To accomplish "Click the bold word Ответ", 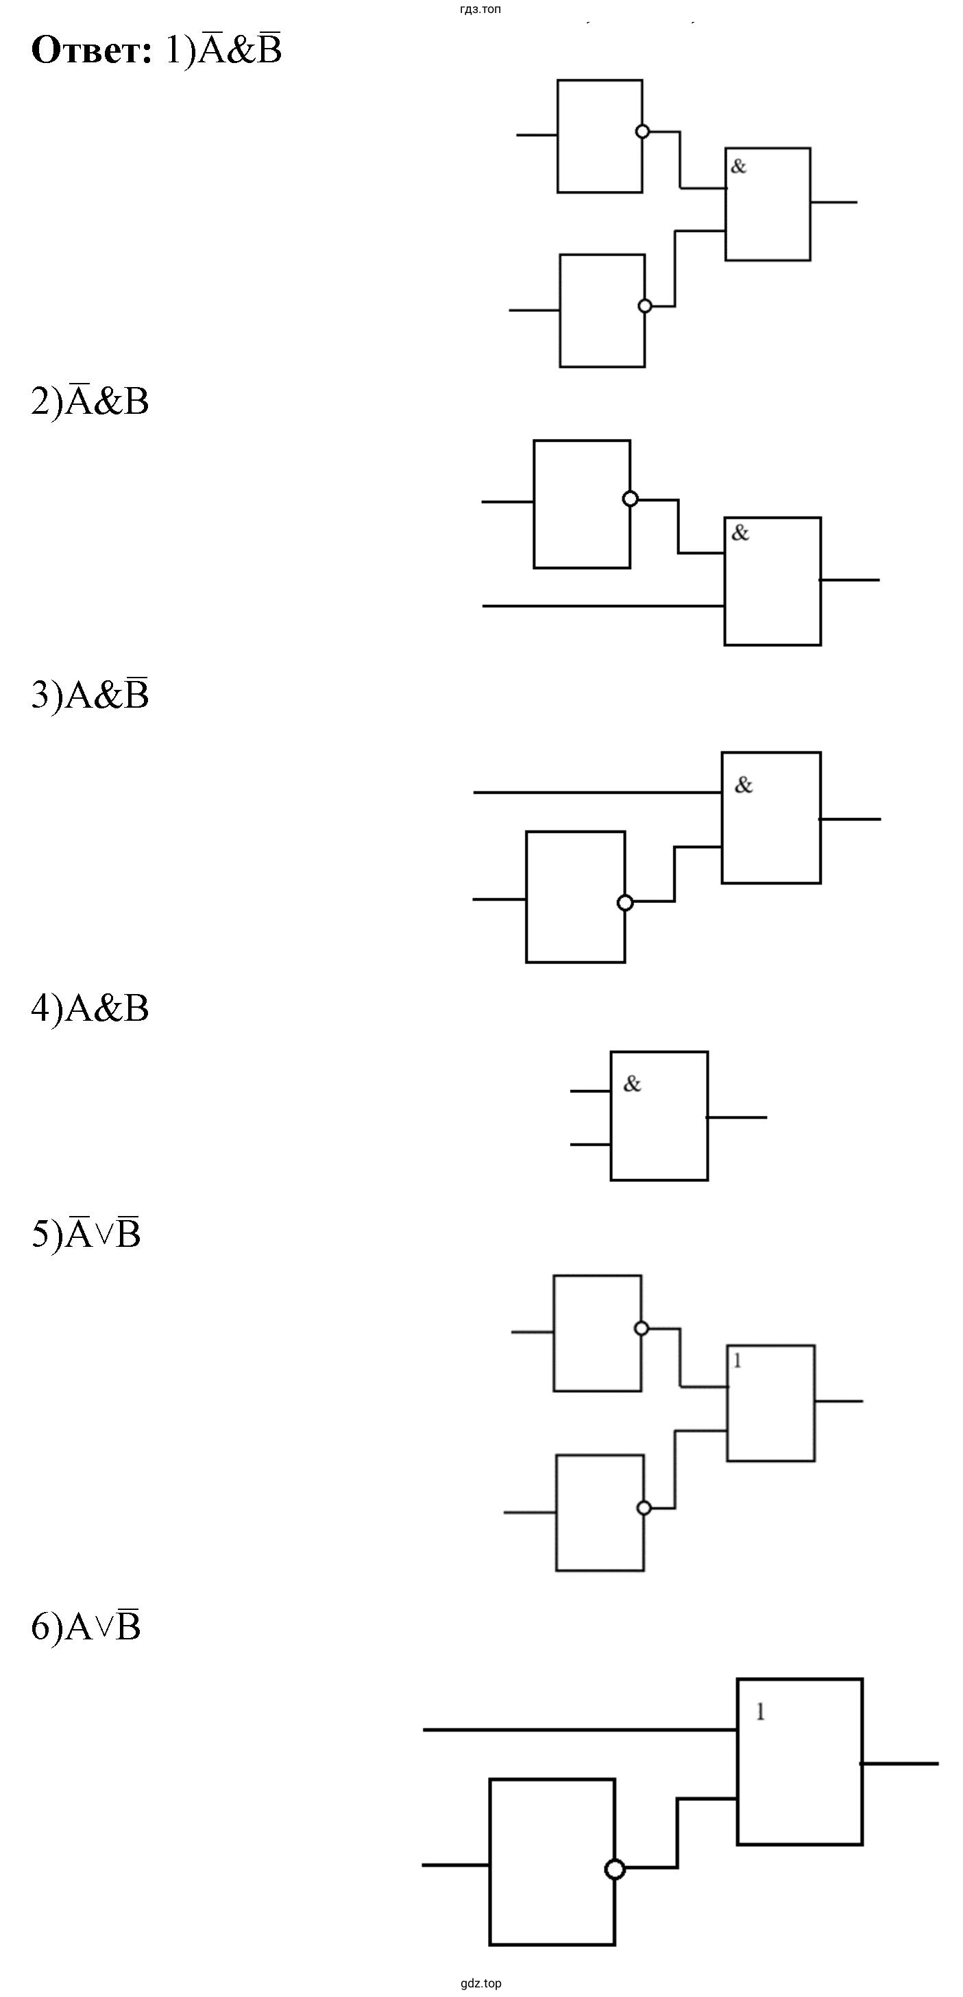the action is coord(91,51).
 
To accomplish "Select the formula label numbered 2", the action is coord(90,401).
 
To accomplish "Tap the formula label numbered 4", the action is coord(90,1008).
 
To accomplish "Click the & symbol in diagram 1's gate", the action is coord(739,166).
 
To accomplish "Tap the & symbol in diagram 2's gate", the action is coord(740,532).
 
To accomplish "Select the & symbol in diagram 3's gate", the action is coord(744,785).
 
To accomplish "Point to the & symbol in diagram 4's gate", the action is coord(633,1084).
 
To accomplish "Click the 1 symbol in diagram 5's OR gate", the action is coord(738,1361).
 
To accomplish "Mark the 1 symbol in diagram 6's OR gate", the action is coord(761,1712).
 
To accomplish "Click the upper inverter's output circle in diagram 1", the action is coord(642,132).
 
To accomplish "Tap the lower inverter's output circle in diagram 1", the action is coord(644,306).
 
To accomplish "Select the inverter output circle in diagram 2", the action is coord(631,499).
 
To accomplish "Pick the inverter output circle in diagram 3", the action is coord(625,903).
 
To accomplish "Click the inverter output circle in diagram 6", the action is coord(615,1870).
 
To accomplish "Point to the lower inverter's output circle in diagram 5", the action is coord(644,1508).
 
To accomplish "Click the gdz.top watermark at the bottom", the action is coord(480,1984).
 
